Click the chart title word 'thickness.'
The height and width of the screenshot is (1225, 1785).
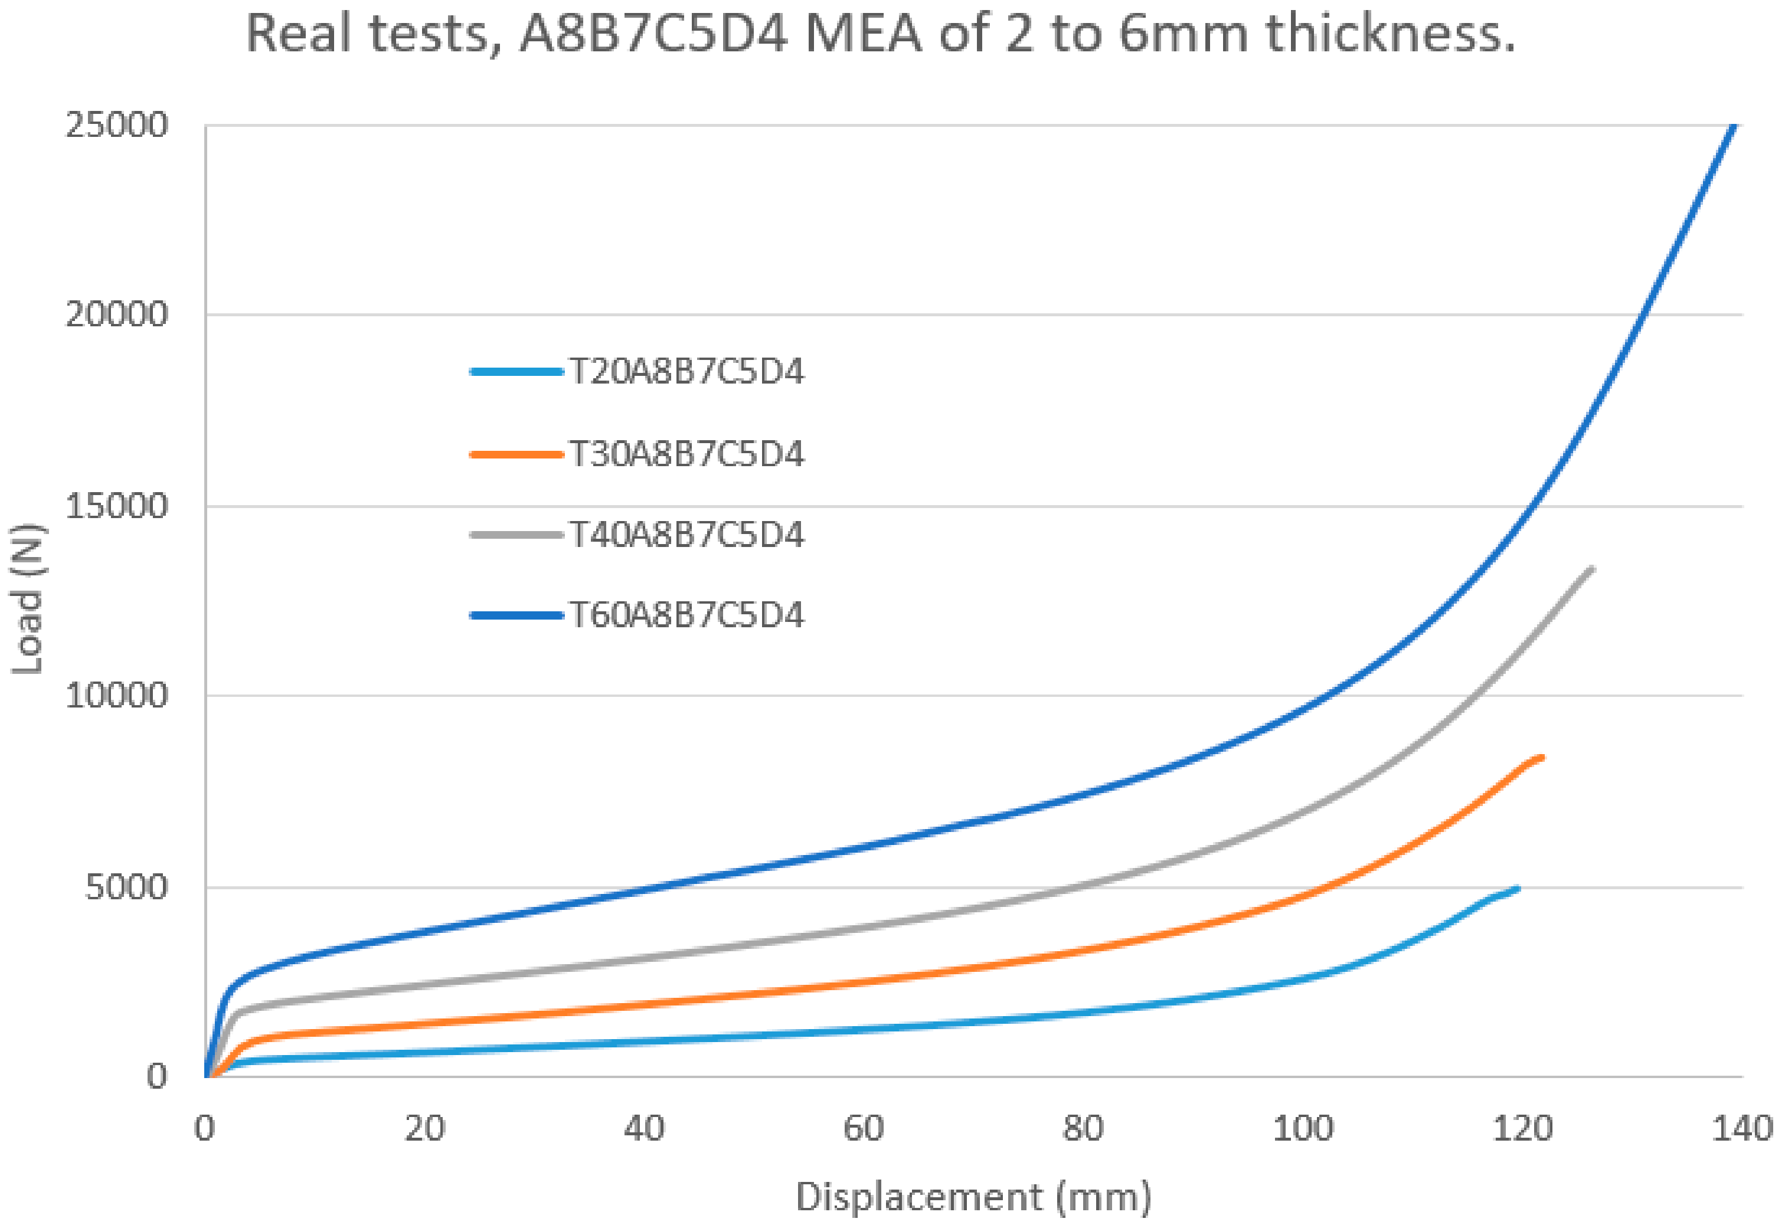[x=1391, y=35]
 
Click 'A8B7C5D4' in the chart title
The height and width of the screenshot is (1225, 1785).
[x=653, y=35]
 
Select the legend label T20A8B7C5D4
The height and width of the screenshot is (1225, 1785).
[x=686, y=372]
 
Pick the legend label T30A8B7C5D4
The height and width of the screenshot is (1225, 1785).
[x=686, y=454]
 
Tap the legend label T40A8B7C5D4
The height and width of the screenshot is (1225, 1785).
[x=686, y=535]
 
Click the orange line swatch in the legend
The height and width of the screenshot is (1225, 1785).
[x=516, y=454]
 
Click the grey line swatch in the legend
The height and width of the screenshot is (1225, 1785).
[x=516, y=535]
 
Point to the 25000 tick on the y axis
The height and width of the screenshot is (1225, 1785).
[x=117, y=125]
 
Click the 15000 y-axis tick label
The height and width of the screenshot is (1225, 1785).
[x=117, y=506]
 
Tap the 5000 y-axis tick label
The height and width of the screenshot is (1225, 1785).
[x=126, y=887]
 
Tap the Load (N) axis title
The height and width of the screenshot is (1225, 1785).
[x=28, y=599]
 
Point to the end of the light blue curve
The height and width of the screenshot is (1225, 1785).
[x=1518, y=889]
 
